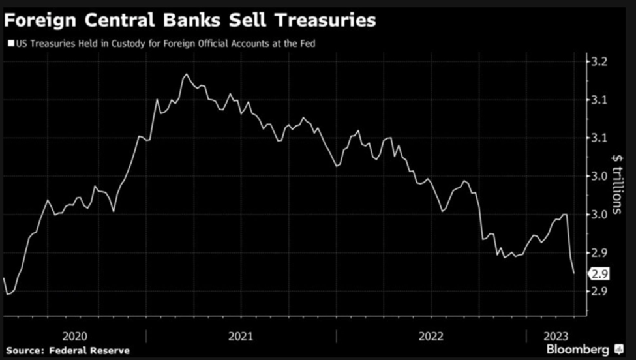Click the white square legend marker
9,44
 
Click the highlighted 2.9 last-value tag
599,274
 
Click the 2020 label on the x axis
75,336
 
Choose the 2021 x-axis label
241,336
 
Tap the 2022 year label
431,336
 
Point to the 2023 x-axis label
556,336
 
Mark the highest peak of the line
187,74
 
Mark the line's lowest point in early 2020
8,294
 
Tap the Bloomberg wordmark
578,350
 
